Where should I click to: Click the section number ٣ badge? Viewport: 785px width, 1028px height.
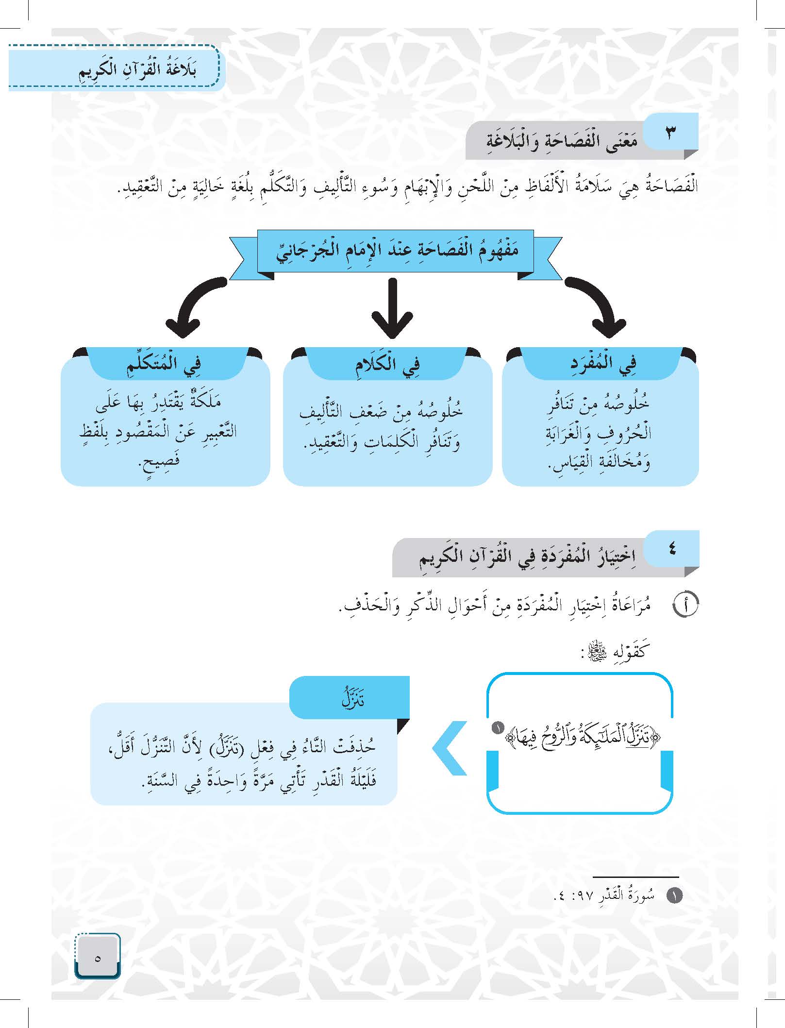coord(670,133)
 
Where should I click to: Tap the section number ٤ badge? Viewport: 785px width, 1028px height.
coord(672,549)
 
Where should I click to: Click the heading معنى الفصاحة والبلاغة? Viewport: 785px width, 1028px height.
coord(562,142)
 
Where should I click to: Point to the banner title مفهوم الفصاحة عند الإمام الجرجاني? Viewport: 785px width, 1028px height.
coord(397,251)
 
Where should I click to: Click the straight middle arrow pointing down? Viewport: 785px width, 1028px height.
coord(393,307)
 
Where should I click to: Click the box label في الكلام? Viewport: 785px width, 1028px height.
coord(387,363)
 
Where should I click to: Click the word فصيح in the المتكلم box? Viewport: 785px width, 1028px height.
coord(158,459)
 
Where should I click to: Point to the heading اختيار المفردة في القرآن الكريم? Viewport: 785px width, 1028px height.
coord(527,557)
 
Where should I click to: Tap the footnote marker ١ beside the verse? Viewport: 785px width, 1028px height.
coord(497,728)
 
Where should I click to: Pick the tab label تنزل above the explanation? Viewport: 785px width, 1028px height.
coord(353,699)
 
